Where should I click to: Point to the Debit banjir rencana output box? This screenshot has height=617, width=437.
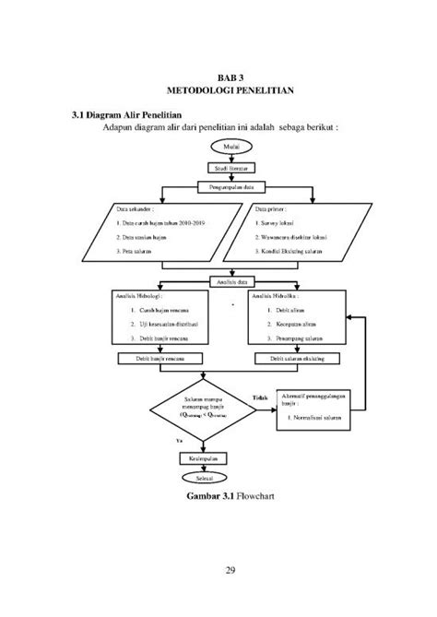click(162, 357)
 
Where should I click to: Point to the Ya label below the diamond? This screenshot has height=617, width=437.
click(179, 442)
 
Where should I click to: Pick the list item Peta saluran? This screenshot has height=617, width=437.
click(136, 250)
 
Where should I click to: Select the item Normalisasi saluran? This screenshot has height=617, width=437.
click(316, 419)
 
